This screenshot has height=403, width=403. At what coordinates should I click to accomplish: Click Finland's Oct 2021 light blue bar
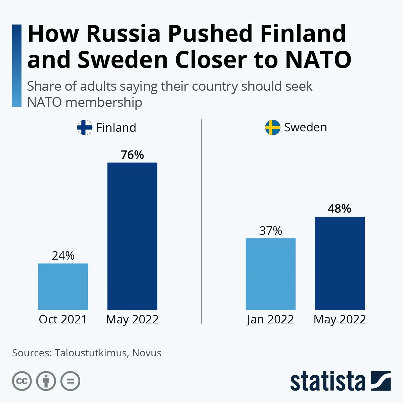point(63,286)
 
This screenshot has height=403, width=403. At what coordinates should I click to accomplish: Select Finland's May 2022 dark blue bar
point(132,236)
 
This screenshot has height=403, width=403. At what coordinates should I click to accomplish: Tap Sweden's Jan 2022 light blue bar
point(271,274)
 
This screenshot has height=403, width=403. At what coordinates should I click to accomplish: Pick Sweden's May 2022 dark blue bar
point(340,263)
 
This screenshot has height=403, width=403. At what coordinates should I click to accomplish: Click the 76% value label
point(132,155)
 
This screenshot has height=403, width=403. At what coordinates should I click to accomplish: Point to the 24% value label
point(63,256)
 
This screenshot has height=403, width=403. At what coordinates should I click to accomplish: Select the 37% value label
point(271,231)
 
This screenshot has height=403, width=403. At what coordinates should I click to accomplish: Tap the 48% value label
point(340,209)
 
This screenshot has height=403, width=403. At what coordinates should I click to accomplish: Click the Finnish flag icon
point(85,128)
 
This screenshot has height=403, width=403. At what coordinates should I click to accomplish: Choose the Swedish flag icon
point(273,128)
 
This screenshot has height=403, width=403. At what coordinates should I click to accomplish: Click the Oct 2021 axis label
point(63,319)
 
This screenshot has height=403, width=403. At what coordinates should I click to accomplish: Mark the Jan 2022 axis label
point(270,319)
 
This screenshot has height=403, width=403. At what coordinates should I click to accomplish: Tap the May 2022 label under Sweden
point(340,319)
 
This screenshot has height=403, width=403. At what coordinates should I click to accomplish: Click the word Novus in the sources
point(147,353)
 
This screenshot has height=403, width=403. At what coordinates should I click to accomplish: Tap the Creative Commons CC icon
point(22,381)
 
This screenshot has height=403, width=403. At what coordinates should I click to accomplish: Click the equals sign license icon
point(71,381)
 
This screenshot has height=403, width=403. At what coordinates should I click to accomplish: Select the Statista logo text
point(327,382)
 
